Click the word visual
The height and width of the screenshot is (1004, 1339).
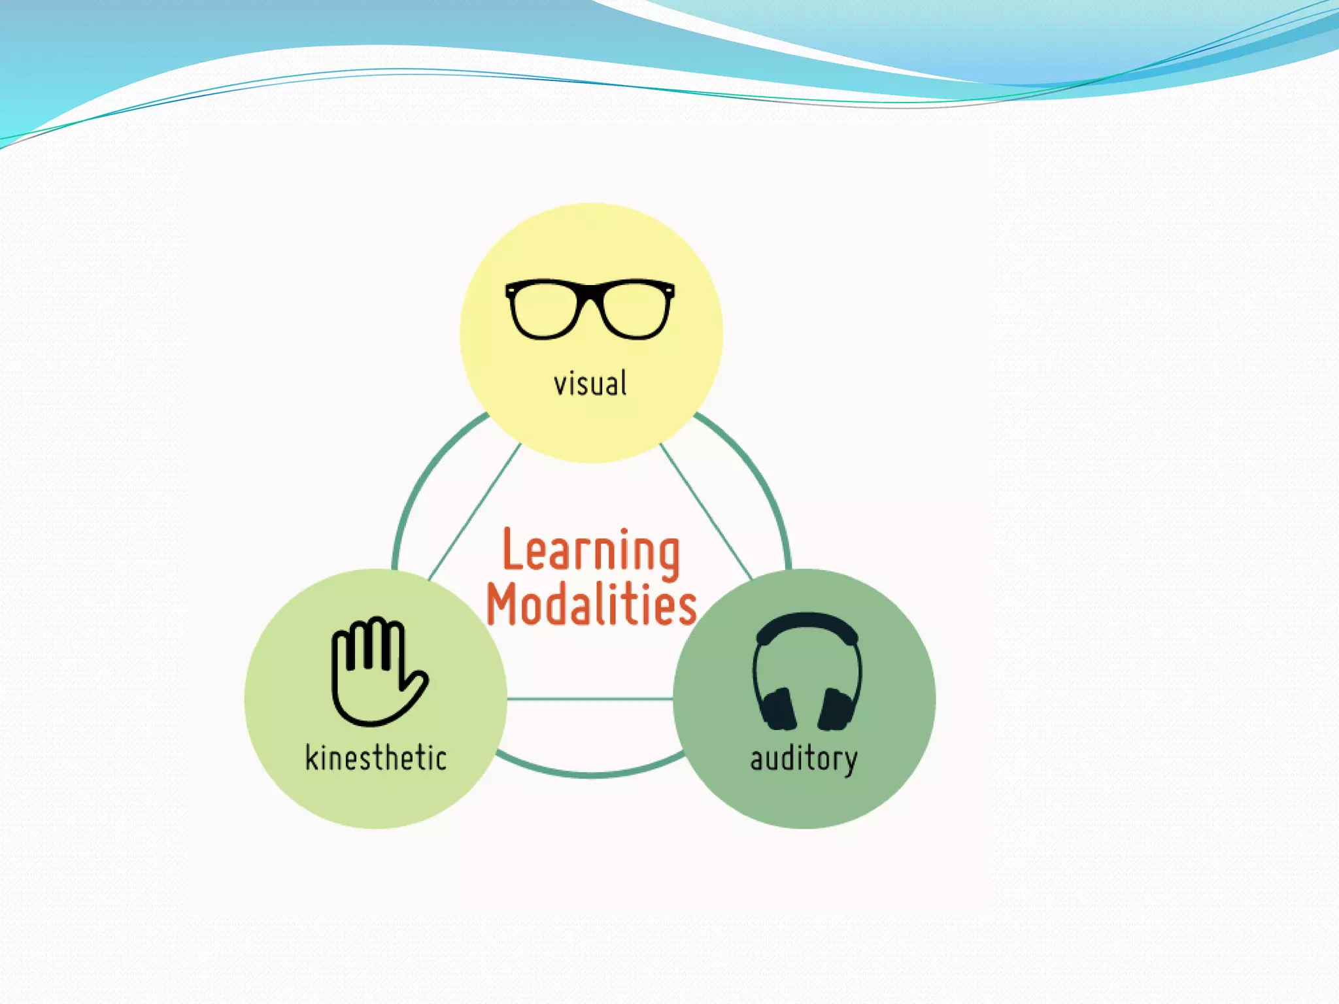(590, 384)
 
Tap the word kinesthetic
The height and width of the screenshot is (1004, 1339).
(376, 758)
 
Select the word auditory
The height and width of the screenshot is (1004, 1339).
(804, 760)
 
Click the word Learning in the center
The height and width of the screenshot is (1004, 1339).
(591, 553)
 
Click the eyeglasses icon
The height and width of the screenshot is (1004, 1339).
(590, 309)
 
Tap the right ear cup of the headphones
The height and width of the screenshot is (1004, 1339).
(836, 709)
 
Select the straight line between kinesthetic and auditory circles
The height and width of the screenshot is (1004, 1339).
(590, 699)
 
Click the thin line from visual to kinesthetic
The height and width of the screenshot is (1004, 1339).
(474, 512)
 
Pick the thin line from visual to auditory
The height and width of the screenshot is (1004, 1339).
(706, 512)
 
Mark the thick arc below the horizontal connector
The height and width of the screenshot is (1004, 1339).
(590, 774)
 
